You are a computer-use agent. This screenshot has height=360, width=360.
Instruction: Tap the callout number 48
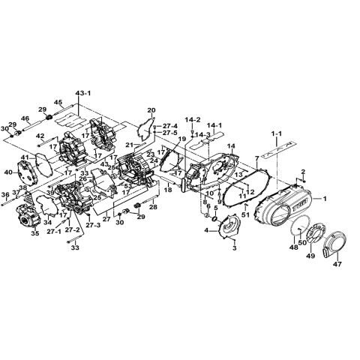pos(294,247)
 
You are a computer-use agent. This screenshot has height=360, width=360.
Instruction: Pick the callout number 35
pos(34,233)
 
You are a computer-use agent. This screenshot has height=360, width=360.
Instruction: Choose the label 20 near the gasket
pos(151,110)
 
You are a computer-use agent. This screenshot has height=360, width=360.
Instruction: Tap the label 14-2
pos(193,119)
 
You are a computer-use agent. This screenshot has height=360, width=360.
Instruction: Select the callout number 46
pos(25,118)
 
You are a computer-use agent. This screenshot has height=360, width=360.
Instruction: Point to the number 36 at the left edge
pos(5,195)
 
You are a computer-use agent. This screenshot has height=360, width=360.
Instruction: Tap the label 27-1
pos(54,232)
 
